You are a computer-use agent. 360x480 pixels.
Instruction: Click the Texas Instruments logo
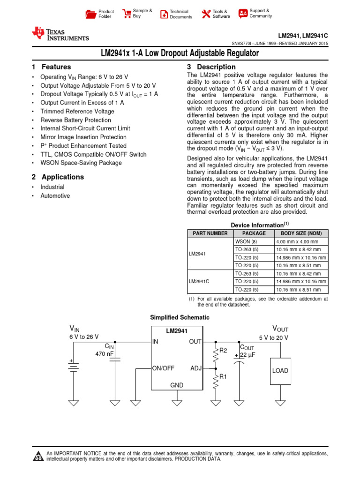60,34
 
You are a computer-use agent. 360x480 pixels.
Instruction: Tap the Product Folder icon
90,14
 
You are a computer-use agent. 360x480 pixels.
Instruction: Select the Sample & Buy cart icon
127,14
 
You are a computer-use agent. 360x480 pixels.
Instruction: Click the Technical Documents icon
164,14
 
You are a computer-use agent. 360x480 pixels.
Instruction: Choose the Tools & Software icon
206,14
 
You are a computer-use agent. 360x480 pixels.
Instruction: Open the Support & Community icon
243,14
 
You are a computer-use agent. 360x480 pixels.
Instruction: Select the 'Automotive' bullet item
55,196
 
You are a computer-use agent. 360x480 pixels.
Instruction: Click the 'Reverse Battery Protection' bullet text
76,120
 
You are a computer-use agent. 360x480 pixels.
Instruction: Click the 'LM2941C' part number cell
199,281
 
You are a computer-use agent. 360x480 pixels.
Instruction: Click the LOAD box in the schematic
280,371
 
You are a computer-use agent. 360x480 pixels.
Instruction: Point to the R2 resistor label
223,350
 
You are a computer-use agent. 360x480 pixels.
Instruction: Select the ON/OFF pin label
164,368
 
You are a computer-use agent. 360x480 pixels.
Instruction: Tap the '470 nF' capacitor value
104,354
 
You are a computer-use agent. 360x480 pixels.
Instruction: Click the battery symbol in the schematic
74,366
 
